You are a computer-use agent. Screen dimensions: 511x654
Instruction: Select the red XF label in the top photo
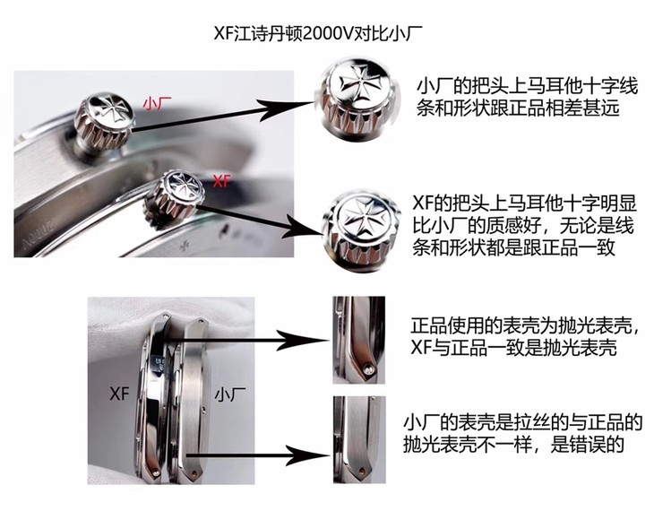click(x=222, y=180)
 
